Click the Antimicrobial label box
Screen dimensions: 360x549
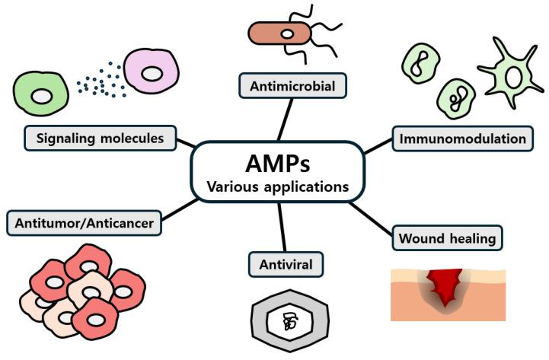[293, 85]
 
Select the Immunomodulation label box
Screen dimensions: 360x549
[461, 139]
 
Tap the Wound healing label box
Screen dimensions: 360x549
[447, 237]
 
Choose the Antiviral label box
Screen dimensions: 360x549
[286, 264]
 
